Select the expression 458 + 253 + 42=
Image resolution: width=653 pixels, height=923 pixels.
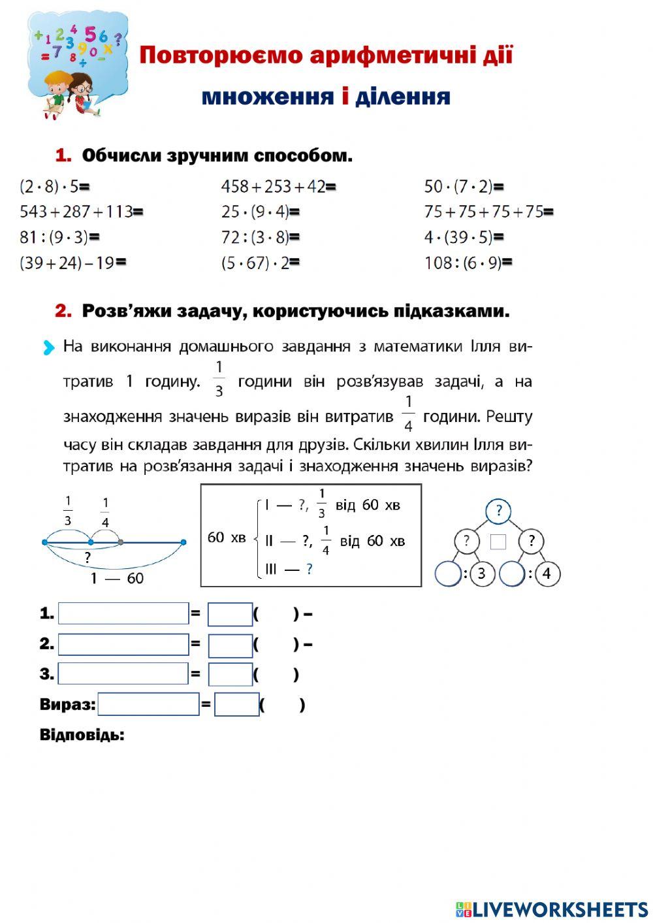tap(278, 187)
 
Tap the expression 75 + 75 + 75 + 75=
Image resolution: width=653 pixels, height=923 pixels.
tap(488, 212)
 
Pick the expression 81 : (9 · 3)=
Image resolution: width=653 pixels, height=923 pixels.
tap(59, 237)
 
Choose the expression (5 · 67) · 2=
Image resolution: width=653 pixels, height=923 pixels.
tap(260, 263)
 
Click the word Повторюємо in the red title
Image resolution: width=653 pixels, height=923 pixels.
tap(221, 55)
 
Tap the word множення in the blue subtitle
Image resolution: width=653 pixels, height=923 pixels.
tap(267, 97)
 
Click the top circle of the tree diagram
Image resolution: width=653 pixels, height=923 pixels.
tap(499, 510)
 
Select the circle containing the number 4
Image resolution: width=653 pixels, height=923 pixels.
tap(547, 574)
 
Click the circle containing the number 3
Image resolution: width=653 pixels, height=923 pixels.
tap(482, 574)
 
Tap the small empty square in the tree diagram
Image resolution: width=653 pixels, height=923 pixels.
tap(498, 542)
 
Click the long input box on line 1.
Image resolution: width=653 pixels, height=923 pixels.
tap(123, 613)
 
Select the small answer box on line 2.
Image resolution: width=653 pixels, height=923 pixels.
tap(230, 645)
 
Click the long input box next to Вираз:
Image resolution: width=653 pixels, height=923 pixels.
tap(148, 704)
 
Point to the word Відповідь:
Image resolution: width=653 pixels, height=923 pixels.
tap(82, 735)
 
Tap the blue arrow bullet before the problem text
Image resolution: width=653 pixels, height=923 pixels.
tap(48, 348)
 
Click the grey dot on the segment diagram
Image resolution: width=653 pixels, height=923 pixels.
tap(121, 542)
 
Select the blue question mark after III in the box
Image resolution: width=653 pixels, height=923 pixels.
tap(309, 570)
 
